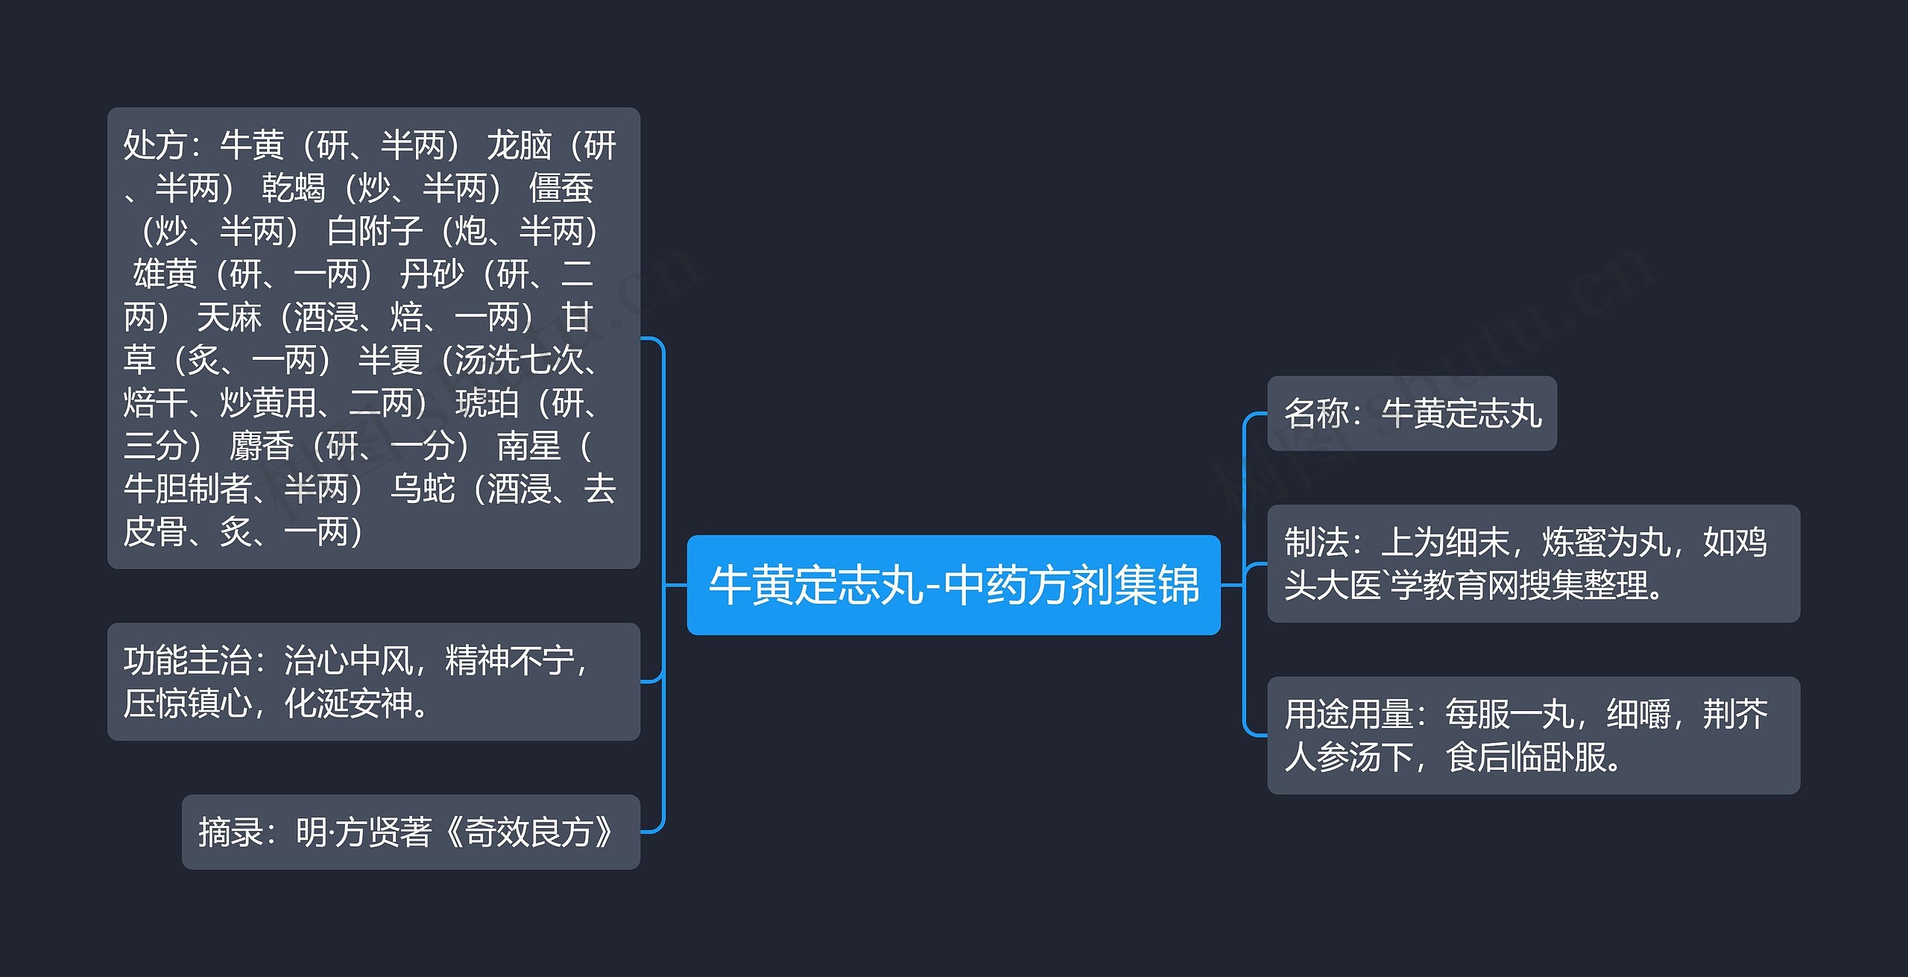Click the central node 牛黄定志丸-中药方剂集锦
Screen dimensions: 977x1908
(x=953, y=585)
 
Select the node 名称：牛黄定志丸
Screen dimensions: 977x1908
(x=1412, y=414)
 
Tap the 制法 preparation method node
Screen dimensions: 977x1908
(x=1533, y=563)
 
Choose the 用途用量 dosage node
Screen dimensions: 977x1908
(x=1533, y=735)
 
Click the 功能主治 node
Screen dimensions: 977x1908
(x=373, y=681)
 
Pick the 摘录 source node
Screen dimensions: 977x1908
(x=411, y=832)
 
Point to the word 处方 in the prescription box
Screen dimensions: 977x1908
(x=155, y=145)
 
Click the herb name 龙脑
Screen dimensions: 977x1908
(x=519, y=145)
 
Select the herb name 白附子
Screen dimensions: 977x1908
(x=374, y=232)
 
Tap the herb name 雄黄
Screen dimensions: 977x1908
(x=165, y=275)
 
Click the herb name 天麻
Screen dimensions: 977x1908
(x=229, y=318)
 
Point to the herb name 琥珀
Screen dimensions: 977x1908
(x=487, y=404)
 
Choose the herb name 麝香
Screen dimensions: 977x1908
(x=261, y=447)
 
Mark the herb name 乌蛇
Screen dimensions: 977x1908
(x=423, y=490)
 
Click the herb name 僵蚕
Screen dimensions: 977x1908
(x=560, y=189)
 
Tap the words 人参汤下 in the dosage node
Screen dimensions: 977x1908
(x=1349, y=758)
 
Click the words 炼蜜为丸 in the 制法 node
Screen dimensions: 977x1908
(x=1606, y=543)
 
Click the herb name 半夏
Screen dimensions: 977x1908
(x=390, y=361)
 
